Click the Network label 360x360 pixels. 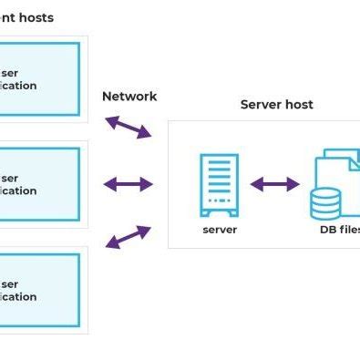pyautogui.click(x=129, y=97)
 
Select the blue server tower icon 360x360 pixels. pyautogui.click(x=219, y=185)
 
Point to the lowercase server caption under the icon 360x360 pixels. pyautogui.click(x=220, y=230)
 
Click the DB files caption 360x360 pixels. pyautogui.click(x=339, y=230)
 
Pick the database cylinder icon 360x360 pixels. pyautogui.click(x=325, y=203)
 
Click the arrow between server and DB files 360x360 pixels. pyautogui.click(x=275, y=185)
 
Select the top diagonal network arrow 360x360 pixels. pyautogui.click(x=129, y=127)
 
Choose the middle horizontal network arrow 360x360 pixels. pyautogui.click(x=129, y=185)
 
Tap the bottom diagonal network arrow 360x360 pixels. pyautogui.click(x=129, y=237)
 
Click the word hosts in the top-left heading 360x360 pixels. pyautogui.click(x=36, y=17)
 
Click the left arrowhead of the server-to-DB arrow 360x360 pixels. pyautogui.click(x=256, y=185)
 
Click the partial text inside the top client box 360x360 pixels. pyautogui.click(x=18, y=79)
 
